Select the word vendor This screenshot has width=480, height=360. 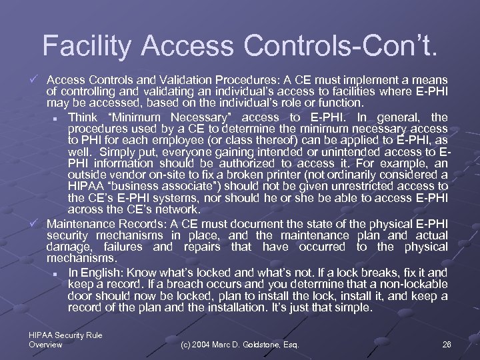(x=126, y=175)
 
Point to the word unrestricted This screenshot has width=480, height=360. (x=372, y=186)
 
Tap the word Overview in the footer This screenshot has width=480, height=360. (x=46, y=345)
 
